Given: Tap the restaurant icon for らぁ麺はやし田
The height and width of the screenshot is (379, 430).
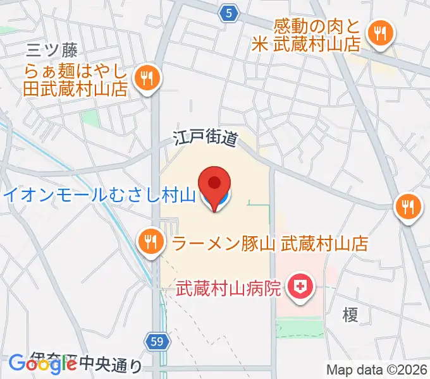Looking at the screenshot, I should (149, 79).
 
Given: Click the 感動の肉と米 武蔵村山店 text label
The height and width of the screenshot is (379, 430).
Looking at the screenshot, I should (317, 35).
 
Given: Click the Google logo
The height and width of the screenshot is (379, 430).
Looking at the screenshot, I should (43, 363).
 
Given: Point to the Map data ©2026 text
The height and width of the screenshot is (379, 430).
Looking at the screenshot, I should (377, 370).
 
